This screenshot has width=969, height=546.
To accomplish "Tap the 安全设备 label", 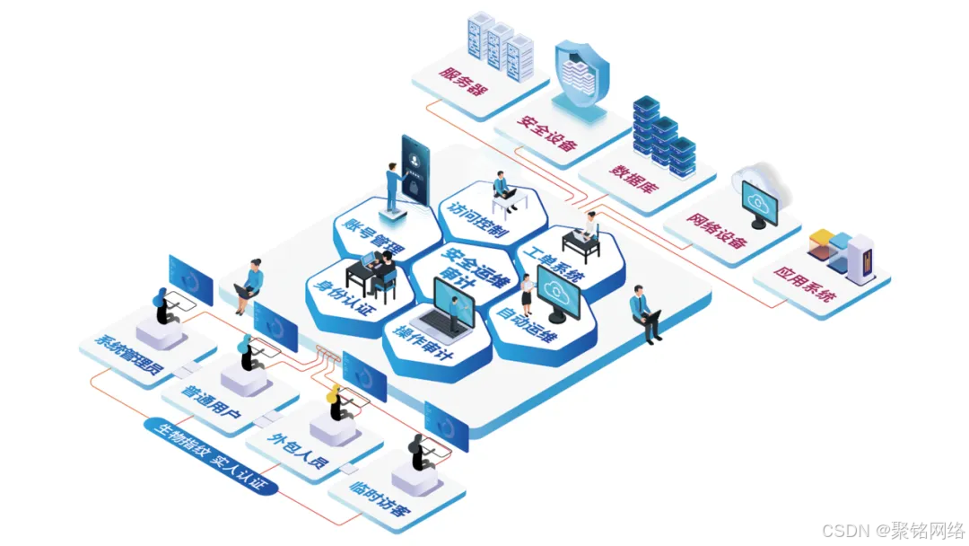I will (546, 131).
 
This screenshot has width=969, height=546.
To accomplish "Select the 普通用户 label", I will (212, 401).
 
